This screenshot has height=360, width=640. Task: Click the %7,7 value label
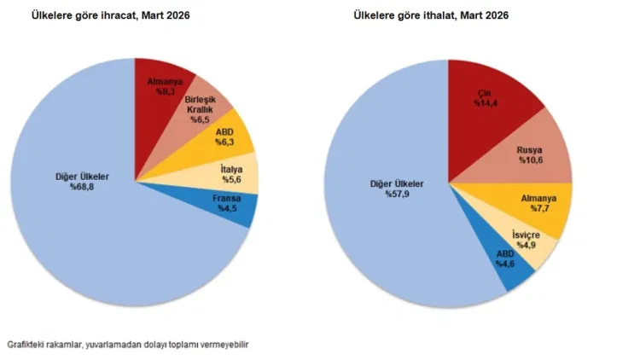click(x=538, y=209)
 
